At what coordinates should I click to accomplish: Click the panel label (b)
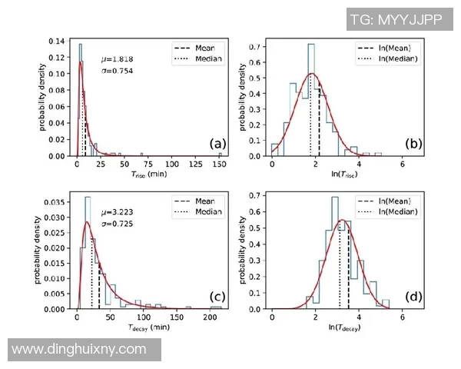pos(413,144)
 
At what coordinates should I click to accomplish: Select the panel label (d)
pos(413,297)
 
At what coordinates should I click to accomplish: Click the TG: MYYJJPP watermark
pos(396,19)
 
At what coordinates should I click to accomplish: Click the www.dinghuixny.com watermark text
pos(80,349)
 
